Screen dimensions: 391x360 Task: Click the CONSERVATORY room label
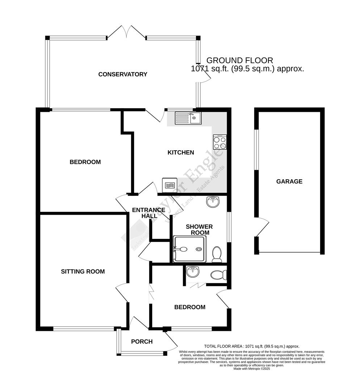pyautogui.click(x=123, y=74)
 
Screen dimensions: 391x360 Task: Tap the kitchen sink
pyautogui.click(x=188, y=118)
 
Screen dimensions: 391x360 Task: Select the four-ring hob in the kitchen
pyautogui.click(x=220, y=142)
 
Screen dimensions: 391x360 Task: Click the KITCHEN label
pyautogui.click(x=180, y=152)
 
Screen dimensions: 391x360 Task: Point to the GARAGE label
pyautogui.click(x=289, y=181)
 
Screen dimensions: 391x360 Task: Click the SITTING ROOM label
pyautogui.click(x=83, y=271)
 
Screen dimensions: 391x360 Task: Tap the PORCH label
pyautogui.click(x=142, y=341)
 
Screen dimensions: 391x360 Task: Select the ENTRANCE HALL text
pyautogui.click(x=148, y=213)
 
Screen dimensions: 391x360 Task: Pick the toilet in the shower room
pyautogui.click(x=217, y=254)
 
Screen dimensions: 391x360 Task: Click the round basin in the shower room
pyautogui.click(x=212, y=202)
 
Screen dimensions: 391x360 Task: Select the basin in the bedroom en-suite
pyautogui.click(x=192, y=272)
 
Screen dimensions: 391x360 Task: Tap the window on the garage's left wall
pyautogui.click(x=256, y=149)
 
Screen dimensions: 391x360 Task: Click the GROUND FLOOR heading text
pyautogui.click(x=239, y=60)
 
